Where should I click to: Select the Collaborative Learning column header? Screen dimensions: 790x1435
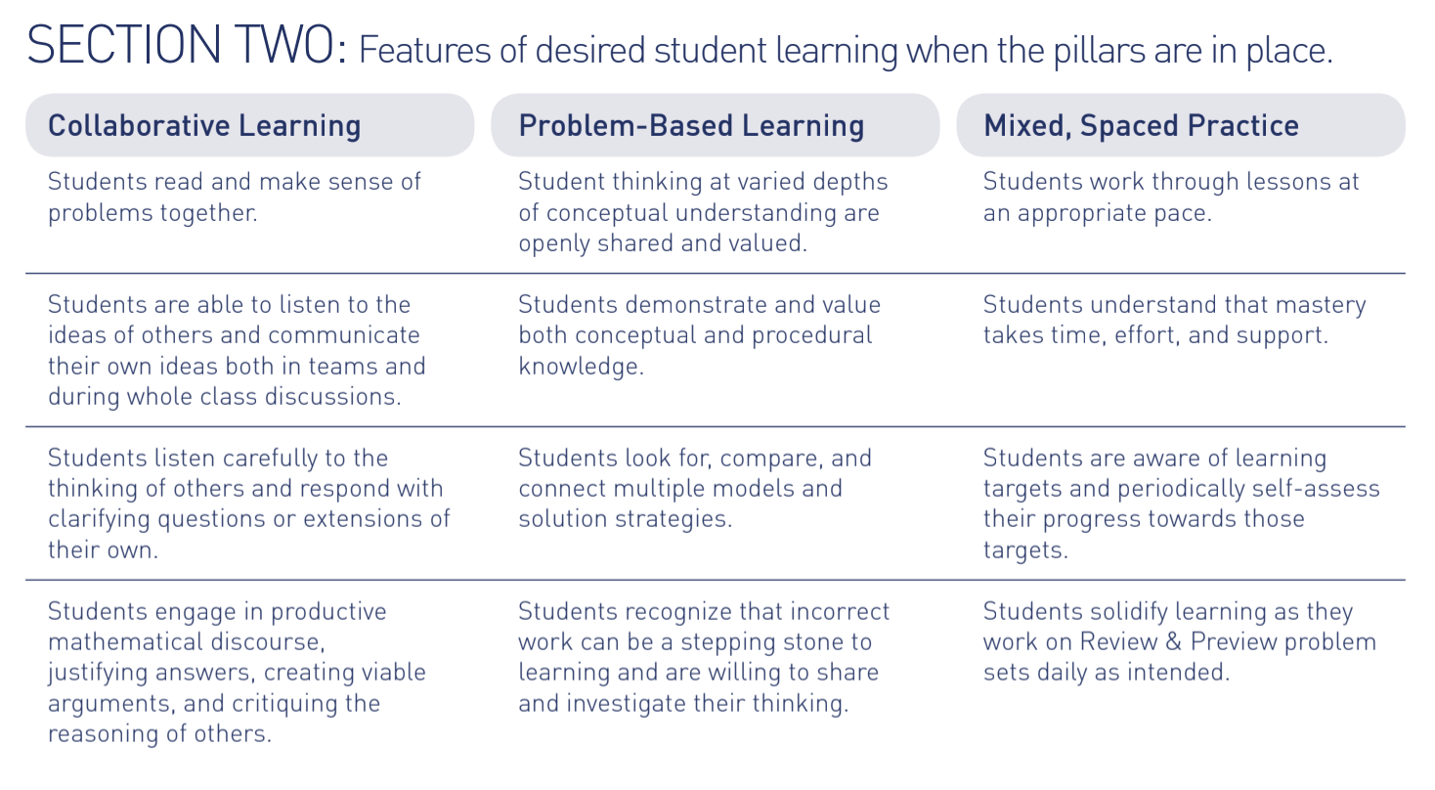click(204, 125)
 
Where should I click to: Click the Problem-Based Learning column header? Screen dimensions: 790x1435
click(691, 125)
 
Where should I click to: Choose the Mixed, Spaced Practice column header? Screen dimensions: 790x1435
click(1141, 125)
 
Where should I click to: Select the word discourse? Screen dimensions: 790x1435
click(271, 642)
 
